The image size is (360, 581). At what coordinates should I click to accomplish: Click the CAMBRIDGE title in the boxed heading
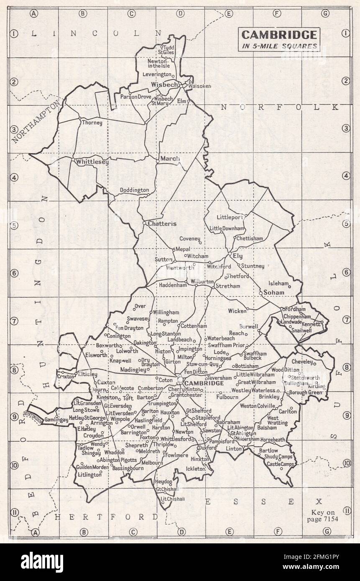click(279, 35)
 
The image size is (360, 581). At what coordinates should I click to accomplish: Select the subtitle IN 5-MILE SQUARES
click(279, 46)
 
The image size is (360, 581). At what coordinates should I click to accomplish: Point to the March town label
click(170, 158)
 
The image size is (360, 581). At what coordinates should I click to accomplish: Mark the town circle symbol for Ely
click(230, 254)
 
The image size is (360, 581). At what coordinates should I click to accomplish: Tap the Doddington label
click(134, 190)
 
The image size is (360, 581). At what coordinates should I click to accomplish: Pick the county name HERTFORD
click(107, 517)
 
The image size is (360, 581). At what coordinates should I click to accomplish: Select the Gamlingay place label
click(56, 419)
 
